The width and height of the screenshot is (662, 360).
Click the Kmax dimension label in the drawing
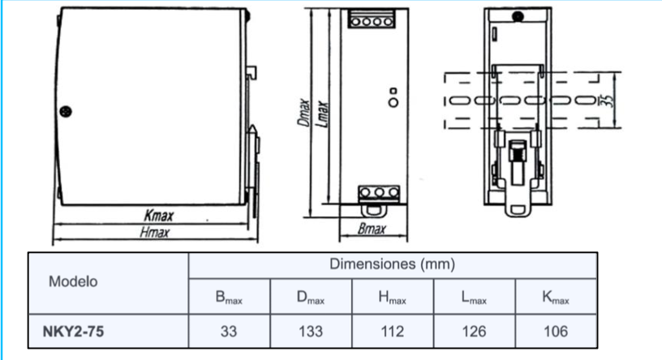point(158,216)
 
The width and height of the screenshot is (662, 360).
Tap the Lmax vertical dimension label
point(320,114)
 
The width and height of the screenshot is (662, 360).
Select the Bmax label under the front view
point(372,231)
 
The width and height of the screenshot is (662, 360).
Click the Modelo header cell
point(73,282)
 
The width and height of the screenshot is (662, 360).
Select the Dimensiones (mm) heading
point(392,264)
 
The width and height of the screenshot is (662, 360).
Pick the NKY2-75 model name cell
point(74,331)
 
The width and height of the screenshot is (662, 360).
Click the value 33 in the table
point(230,331)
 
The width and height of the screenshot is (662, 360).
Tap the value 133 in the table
point(311,331)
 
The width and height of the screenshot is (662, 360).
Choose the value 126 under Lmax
point(475,331)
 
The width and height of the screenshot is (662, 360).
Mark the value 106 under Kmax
point(556,331)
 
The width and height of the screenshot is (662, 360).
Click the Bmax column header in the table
point(230,298)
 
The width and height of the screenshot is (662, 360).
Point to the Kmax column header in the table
point(556,298)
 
